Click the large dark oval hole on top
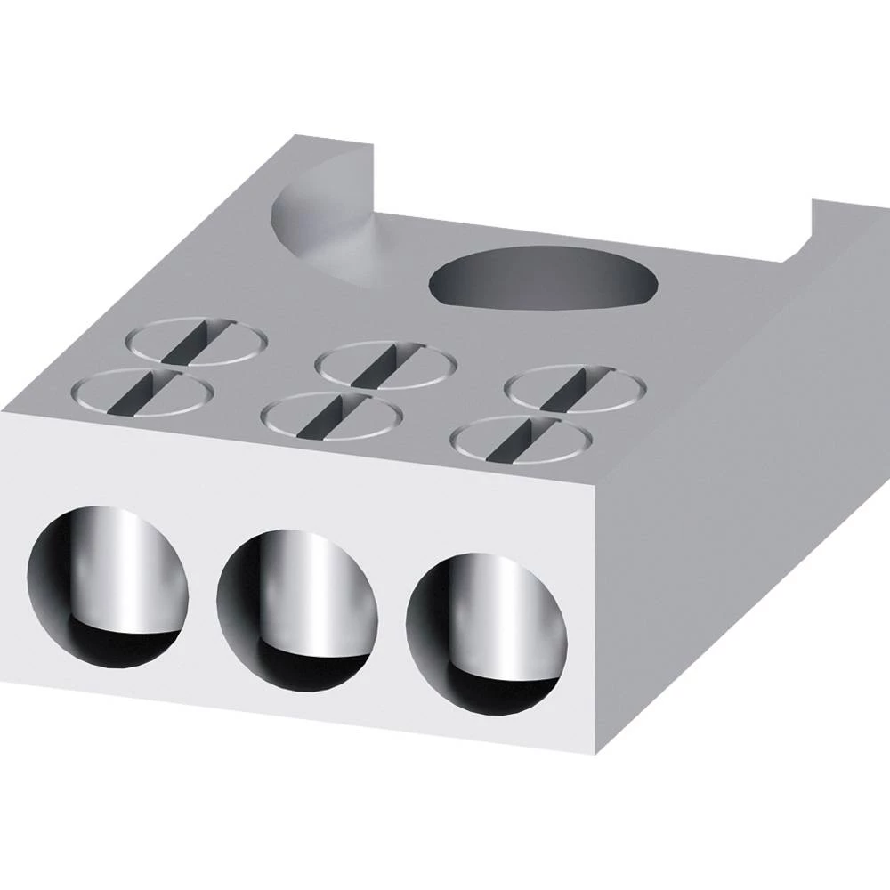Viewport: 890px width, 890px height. click(544, 279)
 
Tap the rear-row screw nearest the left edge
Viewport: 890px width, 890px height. click(197, 341)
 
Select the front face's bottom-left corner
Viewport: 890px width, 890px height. click(3, 685)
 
